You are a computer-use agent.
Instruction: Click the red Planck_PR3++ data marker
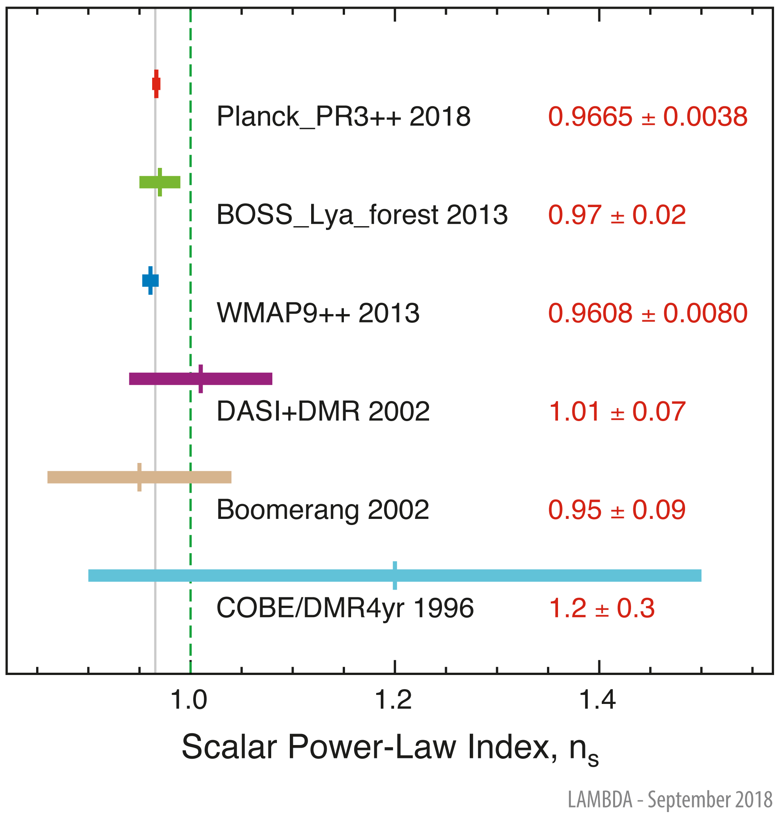156,84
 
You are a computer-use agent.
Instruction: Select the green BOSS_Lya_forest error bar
160,182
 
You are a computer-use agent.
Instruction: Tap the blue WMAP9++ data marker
150,281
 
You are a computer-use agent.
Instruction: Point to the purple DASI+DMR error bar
200,379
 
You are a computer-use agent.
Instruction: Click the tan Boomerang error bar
140,477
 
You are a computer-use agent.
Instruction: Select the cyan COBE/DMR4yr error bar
394,576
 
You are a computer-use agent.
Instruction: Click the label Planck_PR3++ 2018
343,116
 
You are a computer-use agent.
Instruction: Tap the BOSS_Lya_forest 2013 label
362,215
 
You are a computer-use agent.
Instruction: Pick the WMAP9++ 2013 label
318,313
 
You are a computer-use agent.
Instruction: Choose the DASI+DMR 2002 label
323,412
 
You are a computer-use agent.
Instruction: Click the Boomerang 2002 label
322,510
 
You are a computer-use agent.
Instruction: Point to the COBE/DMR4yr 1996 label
345,608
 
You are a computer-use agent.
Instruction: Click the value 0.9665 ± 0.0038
647,116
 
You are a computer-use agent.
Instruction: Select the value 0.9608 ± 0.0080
647,313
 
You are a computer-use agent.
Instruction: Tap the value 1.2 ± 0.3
601,608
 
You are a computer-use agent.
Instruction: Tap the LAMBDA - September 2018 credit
669,799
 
